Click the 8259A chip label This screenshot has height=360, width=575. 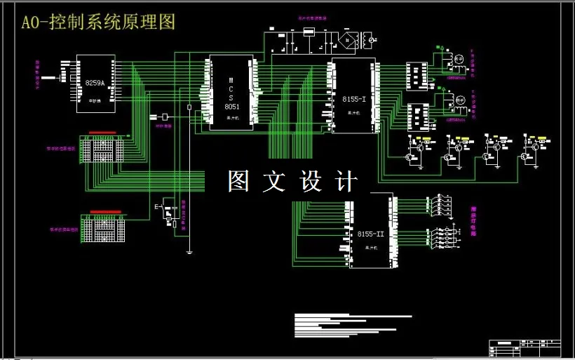95,84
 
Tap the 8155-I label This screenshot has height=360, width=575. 354,100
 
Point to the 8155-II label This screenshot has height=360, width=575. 370,234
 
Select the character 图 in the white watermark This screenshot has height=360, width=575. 239,181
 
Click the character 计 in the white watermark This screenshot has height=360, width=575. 346,181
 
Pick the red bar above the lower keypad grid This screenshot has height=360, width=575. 105,211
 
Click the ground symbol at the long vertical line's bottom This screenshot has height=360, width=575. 189,251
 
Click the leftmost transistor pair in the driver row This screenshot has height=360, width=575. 418,147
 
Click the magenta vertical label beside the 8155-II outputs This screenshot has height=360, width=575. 473,222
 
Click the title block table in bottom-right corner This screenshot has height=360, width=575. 525,347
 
